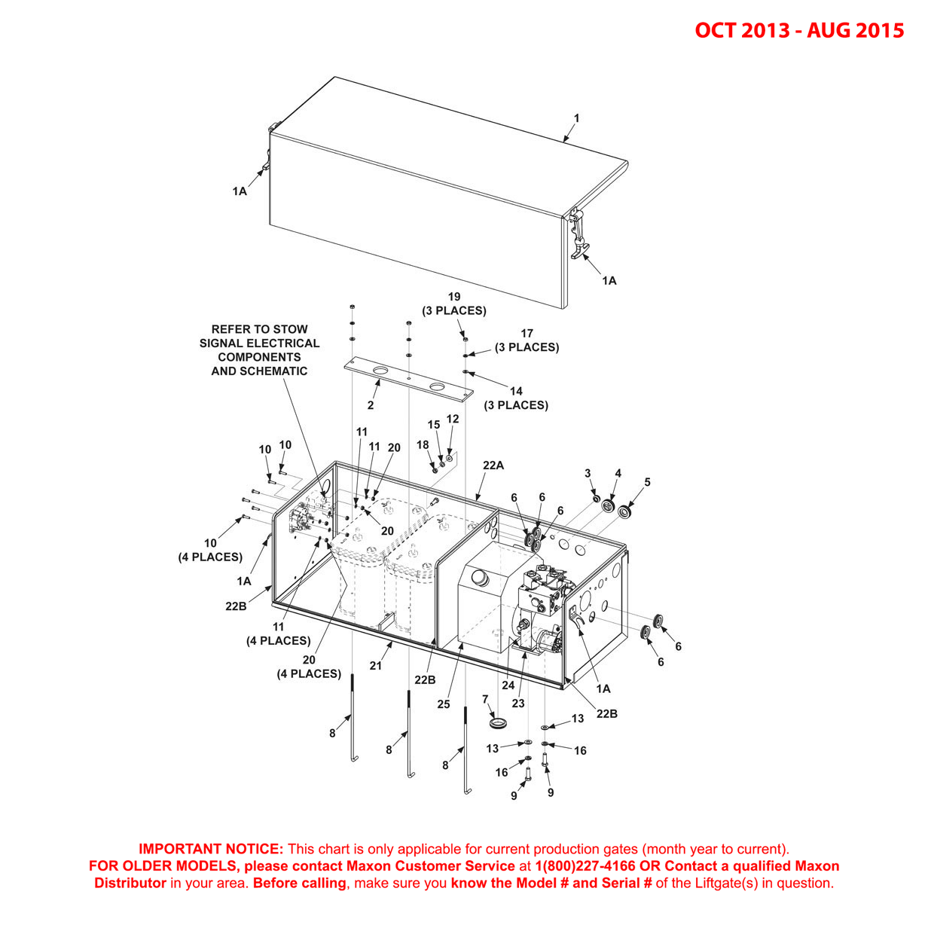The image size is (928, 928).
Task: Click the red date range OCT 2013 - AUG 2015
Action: point(798,30)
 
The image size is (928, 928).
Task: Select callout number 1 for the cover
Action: point(577,118)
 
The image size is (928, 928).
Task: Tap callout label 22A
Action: point(493,466)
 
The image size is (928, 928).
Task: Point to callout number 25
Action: point(444,704)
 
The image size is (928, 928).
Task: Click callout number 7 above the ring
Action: point(485,699)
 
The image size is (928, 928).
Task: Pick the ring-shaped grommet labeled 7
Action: point(497,723)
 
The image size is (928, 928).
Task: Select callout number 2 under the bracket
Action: point(371,405)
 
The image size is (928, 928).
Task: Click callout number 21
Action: point(376,665)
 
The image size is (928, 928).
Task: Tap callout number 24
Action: point(508,685)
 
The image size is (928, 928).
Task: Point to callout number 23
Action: point(518,704)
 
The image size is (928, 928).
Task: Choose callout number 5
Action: point(647,482)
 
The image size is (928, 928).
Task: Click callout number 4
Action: point(618,474)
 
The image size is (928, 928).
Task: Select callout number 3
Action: point(588,473)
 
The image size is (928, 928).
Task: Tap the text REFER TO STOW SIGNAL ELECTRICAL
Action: point(259,336)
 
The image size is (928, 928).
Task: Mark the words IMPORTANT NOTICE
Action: point(211,849)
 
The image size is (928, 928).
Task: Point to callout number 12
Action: point(453,419)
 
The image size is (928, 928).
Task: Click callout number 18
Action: point(423,445)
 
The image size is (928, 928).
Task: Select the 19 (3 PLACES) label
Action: point(453,304)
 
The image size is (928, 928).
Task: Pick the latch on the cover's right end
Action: point(578,234)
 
